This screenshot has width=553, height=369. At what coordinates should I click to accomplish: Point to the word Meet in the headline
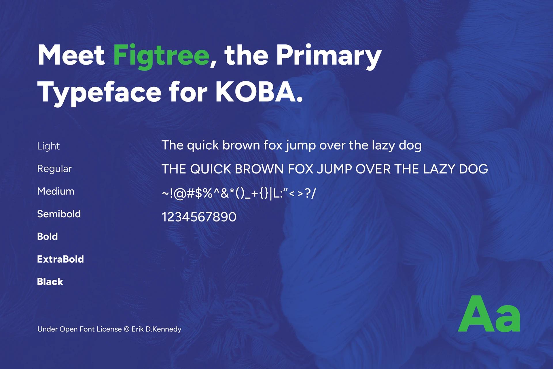coord(71,56)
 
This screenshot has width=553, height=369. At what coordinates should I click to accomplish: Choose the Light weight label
coord(48,146)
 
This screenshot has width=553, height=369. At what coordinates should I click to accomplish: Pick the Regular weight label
coord(54,169)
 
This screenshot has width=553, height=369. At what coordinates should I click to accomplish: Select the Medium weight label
coord(56,191)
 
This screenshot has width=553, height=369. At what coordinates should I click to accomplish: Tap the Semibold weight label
coord(59,214)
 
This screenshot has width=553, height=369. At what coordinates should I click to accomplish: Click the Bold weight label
coord(47,236)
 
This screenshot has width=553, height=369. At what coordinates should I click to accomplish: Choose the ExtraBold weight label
coord(60,259)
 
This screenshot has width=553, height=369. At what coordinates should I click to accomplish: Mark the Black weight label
coord(50,282)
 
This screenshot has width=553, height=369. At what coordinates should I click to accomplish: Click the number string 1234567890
coord(199,217)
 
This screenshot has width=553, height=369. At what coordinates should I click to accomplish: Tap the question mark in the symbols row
coord(308,193)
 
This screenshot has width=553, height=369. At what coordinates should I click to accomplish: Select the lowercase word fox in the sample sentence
coord(273,145)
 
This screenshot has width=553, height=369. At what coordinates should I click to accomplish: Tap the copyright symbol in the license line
coord(126,329)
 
